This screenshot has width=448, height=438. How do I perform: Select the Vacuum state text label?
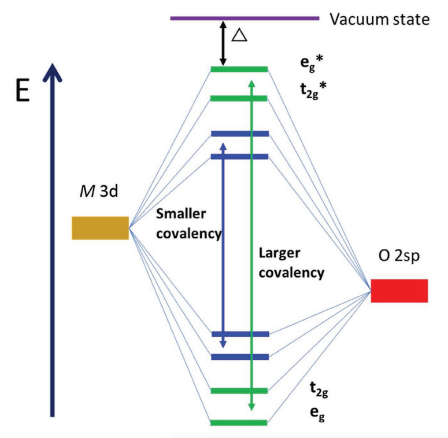[x=380, y=19]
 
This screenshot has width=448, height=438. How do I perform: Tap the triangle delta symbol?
[x=239, y=36]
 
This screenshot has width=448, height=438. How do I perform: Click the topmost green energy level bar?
[x=239, y=69]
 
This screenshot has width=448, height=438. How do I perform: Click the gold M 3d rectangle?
[x=100, y=228]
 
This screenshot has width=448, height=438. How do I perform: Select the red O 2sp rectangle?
[x=399, y=290]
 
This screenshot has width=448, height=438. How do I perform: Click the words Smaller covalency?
[x=188, y=224]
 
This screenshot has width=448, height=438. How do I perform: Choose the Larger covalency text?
[x=291, y=263]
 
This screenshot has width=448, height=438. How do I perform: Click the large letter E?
[x=22, y=92]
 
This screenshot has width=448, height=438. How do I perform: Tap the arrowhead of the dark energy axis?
[x=52, y=72]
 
